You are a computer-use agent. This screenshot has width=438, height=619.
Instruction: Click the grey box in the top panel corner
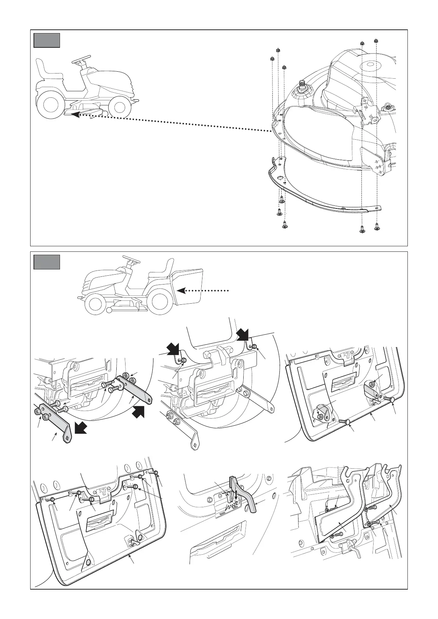click(47, 40)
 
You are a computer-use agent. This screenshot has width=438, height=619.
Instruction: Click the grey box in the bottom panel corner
click(47, 262)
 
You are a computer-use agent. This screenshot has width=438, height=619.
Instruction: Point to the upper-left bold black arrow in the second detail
click(173, 348)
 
